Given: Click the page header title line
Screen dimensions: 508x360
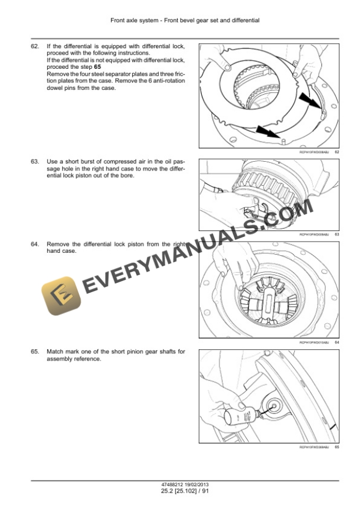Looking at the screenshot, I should coord(185,21).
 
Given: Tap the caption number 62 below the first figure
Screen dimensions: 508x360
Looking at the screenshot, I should coord(336,152).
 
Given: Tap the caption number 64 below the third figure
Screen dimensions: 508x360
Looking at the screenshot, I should coord(336,342).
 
